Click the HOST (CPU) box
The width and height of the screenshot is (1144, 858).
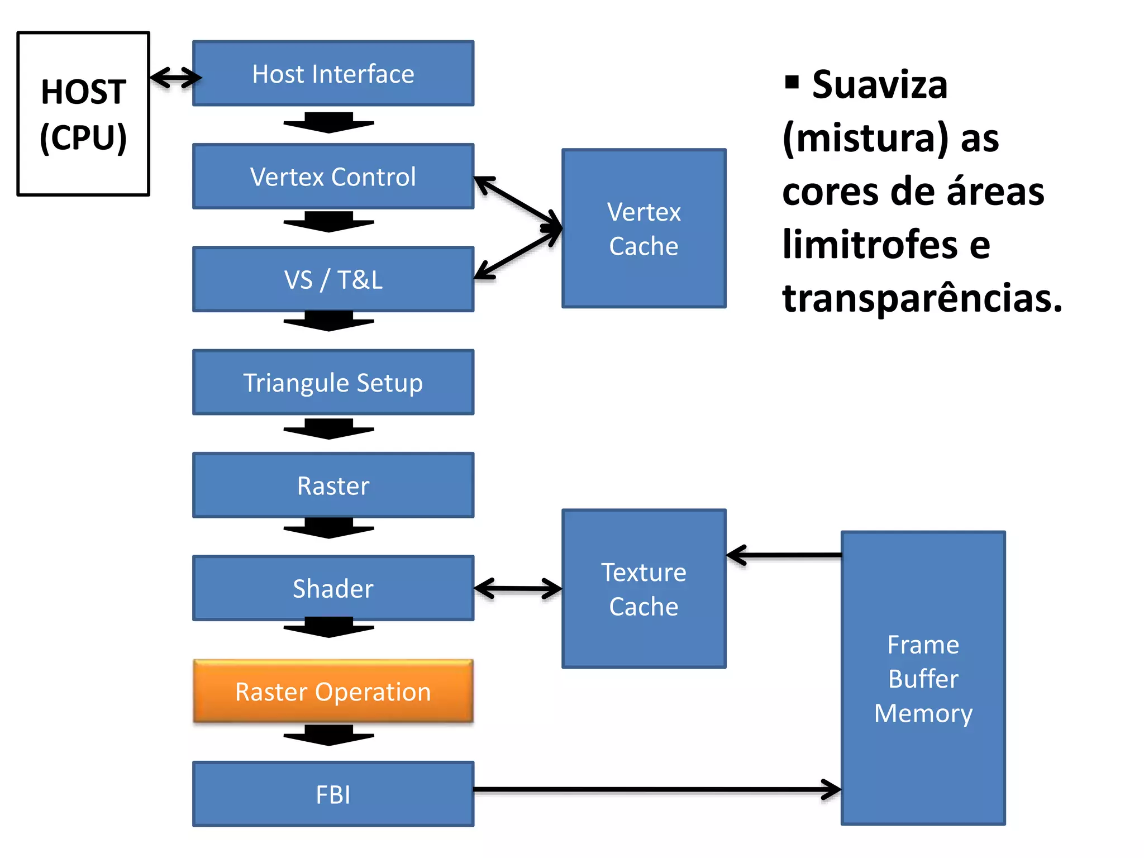(83, 114)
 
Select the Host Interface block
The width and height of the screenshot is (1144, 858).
(333, 74)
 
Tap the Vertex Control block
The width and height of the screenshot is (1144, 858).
(333, 177)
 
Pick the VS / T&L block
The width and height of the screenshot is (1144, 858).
(333, 279)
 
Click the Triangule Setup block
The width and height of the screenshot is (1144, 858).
(333, 383)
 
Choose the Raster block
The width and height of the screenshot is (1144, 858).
(333, 485)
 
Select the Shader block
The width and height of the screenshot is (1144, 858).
(333, 588)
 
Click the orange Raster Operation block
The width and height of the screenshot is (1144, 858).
(333, 692)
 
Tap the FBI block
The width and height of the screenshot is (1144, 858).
(333, 794)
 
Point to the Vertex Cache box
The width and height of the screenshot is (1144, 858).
(643, 228)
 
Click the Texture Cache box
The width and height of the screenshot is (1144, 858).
(643, 589)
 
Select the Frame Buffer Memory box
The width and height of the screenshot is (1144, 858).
(923, 678)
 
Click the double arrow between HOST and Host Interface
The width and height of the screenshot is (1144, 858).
(175, 77)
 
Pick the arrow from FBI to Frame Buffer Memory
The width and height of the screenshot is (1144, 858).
(656, 789)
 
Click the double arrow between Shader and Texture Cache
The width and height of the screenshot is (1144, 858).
(518, 588)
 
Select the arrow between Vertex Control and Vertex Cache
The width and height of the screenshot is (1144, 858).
(517, 202)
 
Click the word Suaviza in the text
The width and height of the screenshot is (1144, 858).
(880, 85)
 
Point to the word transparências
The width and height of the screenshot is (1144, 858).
(922, 298)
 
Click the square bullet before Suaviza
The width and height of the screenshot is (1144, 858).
(792, 82)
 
